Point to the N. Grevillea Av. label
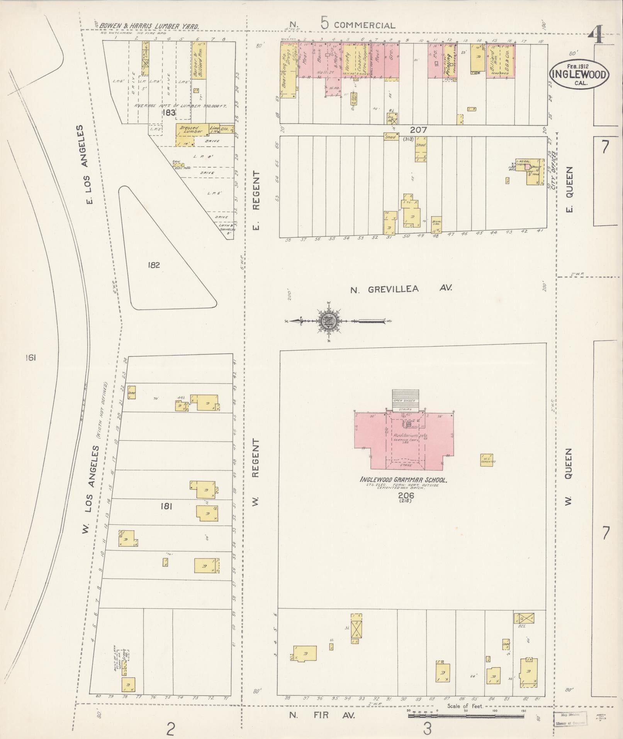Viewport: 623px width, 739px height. (x=401, y=289)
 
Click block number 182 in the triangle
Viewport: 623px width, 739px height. (x=153, y=265)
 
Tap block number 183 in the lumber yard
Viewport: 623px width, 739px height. (x=169, y=113)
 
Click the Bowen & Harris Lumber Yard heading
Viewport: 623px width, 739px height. (x=149, y=26)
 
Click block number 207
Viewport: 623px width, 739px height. (x=419, y=130)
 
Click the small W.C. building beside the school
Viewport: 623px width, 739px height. (x=487, y=460)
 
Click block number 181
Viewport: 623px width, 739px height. (x=166, y=506)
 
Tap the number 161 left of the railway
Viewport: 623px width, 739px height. (x=30, y=358)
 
